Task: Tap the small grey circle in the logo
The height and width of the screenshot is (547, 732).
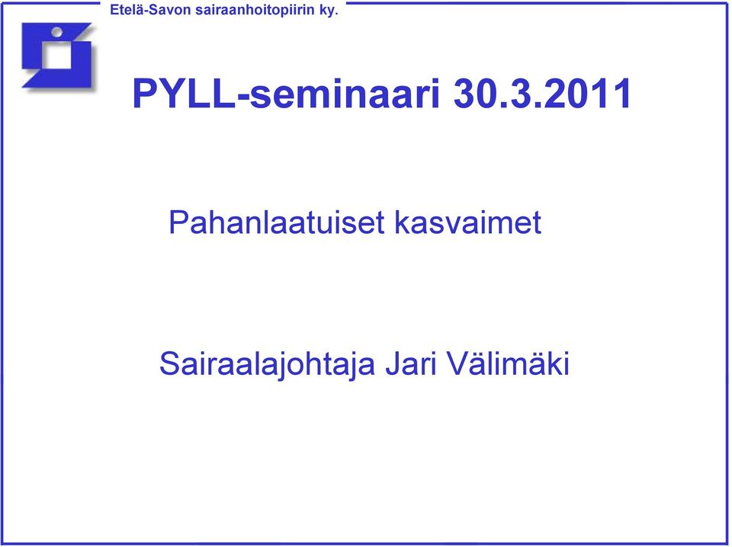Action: click(57, 32)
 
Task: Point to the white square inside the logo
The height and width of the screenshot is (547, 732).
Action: click(57, 56)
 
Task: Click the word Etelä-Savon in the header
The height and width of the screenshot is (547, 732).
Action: click(150, 10)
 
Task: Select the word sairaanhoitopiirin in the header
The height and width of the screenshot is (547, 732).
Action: click(255, 10)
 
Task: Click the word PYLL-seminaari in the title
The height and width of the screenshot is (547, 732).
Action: click(287, 93)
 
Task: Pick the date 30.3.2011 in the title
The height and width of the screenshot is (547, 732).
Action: click(543, 93)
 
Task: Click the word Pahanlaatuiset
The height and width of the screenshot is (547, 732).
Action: click(276, 222)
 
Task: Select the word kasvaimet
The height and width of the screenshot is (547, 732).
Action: click(467, 222)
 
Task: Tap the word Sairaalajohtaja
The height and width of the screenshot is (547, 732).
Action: click(268, 365)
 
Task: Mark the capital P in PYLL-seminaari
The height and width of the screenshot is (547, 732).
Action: click(144, 94)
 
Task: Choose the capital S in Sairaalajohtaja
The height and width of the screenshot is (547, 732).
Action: click(170, 363)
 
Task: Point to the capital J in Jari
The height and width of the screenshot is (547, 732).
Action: click(393, 363)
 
